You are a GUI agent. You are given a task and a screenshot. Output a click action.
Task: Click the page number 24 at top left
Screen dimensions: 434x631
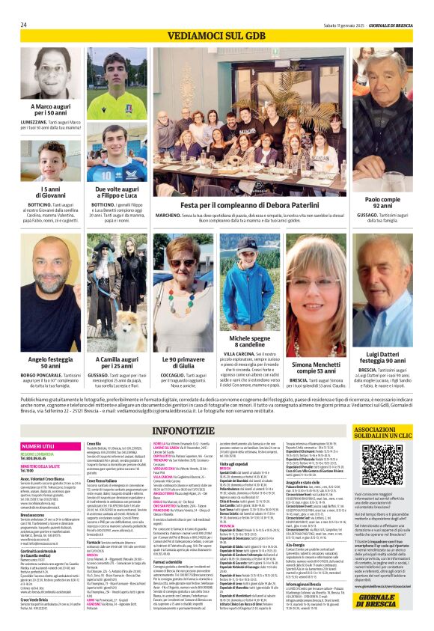pos(24,24)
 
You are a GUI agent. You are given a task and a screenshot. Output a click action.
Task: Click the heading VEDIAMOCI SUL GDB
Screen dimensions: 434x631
pos(216,37)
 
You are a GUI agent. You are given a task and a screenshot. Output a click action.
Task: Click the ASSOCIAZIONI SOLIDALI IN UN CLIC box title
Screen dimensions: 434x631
pos(384,433)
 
